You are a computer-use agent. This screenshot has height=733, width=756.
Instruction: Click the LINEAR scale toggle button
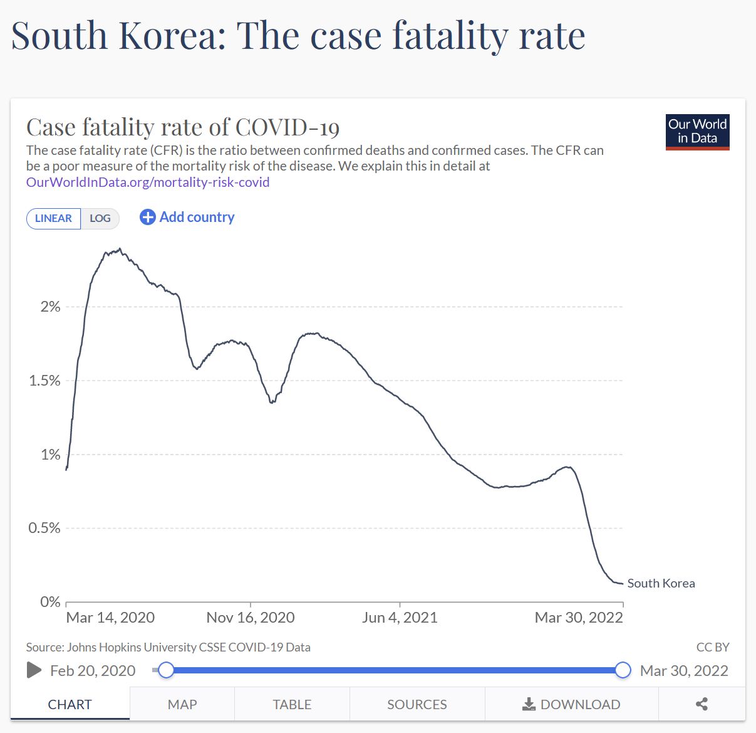(53, 218)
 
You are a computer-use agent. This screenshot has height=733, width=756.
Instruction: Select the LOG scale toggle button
(100, 218)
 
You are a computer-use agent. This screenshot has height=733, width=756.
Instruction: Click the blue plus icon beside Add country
(147, 218)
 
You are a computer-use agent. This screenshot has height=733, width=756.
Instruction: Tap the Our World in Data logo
(697, 132)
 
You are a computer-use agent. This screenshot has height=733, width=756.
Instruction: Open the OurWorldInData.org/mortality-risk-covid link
(148, 182)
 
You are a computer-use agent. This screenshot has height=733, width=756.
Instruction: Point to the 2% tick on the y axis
(51, 307)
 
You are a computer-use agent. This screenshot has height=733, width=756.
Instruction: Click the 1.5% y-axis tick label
(45, 381)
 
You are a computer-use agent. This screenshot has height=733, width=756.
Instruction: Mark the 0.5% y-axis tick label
(45, 528)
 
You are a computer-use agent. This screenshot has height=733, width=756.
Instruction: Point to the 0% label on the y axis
(50, 602)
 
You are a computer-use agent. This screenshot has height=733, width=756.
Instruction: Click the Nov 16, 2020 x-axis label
(251, 618)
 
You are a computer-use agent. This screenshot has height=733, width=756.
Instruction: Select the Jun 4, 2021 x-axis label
(400, 618)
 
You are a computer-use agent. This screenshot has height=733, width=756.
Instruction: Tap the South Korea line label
(661, 583)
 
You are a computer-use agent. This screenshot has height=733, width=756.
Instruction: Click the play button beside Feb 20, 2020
(34, 670)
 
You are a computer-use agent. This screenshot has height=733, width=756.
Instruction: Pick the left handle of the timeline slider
(166, 670)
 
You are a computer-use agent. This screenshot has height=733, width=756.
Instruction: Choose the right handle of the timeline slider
(623, 670)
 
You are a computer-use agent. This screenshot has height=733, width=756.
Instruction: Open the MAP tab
(182, 704)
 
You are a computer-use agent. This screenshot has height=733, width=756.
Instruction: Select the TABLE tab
(292, 704)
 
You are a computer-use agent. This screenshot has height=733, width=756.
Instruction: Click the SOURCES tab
(417, 704)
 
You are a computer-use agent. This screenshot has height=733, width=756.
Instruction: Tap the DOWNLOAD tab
(571, 704)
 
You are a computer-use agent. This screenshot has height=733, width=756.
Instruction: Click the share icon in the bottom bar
(702, 704)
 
